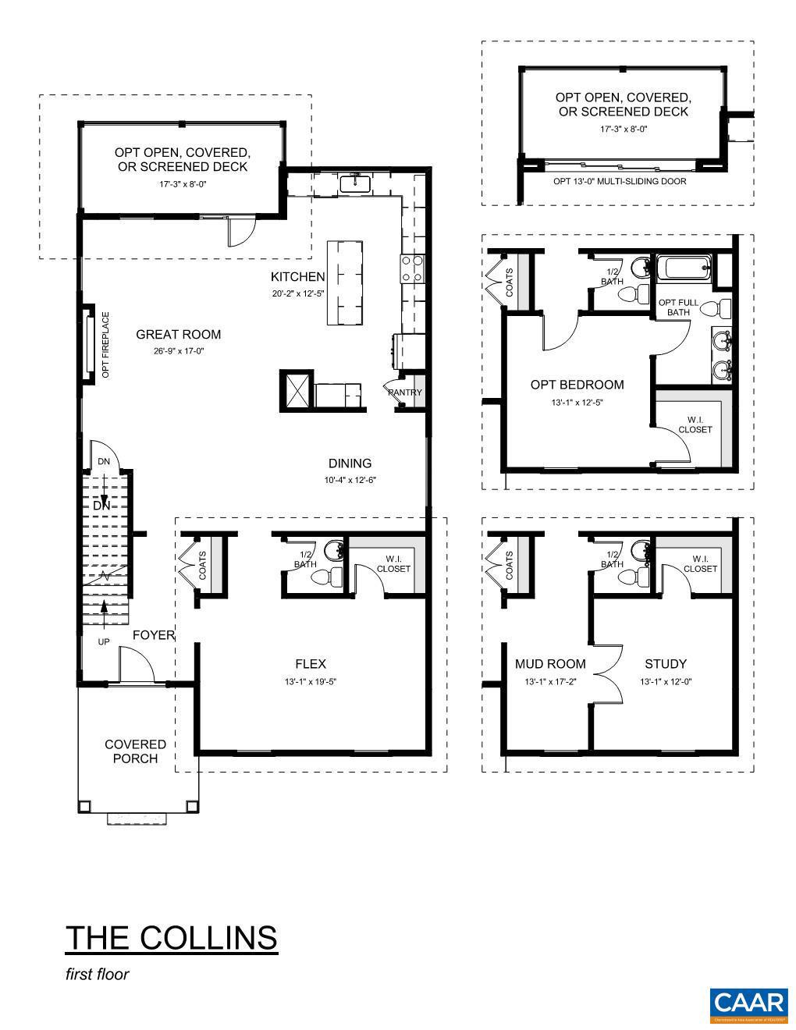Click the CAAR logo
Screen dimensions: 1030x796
click(748, 1004)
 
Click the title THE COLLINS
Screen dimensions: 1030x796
click(171, 937)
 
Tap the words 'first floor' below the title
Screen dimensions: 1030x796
click(97, 974)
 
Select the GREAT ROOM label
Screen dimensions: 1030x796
click(178, 335)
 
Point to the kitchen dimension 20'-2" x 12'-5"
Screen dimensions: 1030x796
click(297, 293)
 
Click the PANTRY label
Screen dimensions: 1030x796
click(405, 392)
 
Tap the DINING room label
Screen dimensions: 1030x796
click(350, 463)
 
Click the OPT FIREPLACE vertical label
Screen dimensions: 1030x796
click(105, 346)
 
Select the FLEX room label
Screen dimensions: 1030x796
click(310, 664)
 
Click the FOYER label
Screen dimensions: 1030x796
click(153, 635)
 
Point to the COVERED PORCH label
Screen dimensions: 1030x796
click(136, 751)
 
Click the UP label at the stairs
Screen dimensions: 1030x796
click(103, 642)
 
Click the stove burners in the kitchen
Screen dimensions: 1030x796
click(412, 268)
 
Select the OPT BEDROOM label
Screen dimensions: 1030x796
click(577, 385)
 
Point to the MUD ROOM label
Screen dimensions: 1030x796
click(549, 664)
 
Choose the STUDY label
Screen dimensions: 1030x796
click(665, 664)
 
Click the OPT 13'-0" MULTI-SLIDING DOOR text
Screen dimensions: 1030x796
click(620, 182)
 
